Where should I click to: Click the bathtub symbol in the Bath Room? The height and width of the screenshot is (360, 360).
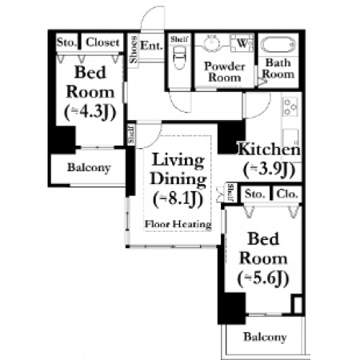(x=278, y=44)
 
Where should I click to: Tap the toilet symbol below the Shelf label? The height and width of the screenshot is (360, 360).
(x=179, y=58)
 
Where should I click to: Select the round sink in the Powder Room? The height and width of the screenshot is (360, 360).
(x=212, y=42)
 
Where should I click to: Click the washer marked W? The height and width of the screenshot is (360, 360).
(x=242, y=42)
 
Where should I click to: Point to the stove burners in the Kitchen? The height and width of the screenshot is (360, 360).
(x=290, y=106)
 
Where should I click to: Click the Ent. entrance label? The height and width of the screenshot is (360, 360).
(x=151, y=46)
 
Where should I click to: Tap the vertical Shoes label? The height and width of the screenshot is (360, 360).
(x=134, y=50)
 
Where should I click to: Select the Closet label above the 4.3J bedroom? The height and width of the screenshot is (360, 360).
(x=102, y=42)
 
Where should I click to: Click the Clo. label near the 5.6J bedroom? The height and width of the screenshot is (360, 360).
(x=287, y=194)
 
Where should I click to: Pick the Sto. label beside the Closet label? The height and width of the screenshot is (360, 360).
(x=66, y=42)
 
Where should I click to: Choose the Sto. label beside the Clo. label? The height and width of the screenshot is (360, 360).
(x=255, y=194)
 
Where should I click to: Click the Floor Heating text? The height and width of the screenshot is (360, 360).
(x=178, y=224)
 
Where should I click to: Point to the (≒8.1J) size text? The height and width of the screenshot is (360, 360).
(x=178, y=198)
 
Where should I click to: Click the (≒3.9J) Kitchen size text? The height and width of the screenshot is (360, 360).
(x=270, y=170)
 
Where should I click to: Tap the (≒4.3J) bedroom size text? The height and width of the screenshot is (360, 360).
(x=90, y=112)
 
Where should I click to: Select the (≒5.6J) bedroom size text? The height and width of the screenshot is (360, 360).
(x=263, y=278)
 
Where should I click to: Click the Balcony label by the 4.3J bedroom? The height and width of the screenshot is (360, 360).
(x=89, y=168)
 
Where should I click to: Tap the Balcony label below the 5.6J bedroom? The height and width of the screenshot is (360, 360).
(x=265, y=337)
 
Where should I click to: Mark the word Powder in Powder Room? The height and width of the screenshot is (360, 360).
(x=225, y=66)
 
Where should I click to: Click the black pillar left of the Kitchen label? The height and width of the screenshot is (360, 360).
(x=231, y=137)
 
